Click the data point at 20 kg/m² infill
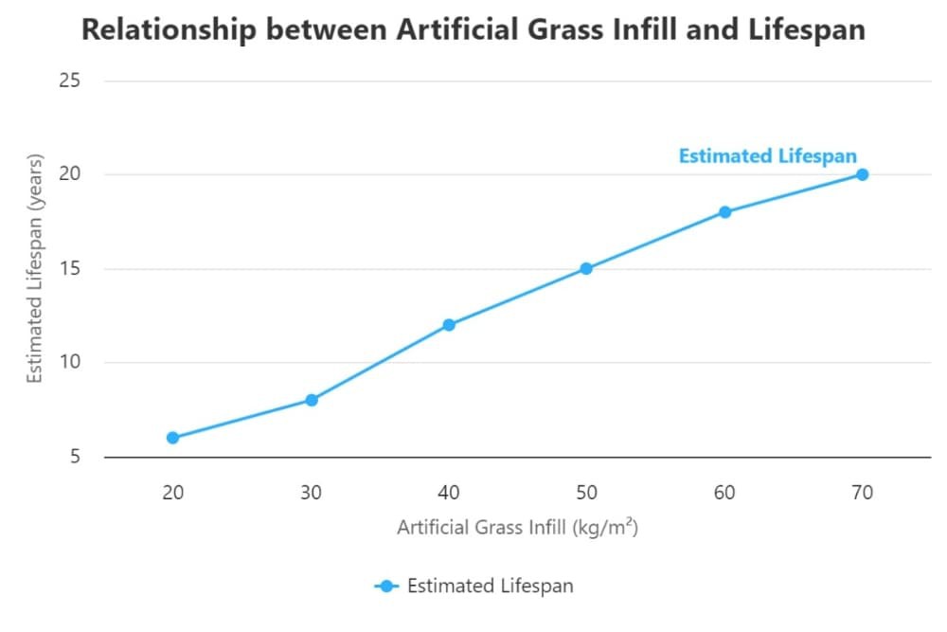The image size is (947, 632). pyautogui.click(x=172, y=438)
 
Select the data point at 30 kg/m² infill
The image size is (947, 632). pyautogui.click(x=311, y=400)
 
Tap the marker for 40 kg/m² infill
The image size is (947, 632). pyautogui.click(x=449, y=325)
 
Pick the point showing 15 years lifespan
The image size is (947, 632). pyautogui.click(x=586, y=268)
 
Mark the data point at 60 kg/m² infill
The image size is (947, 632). pyautogui.click(x=724, y=212)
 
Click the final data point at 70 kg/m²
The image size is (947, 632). pyautogui.click(x=862, y=174)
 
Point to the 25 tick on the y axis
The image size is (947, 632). pyautogui.click(x=69, y=81)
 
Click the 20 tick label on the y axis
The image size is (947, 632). pyautogui.click(x=69, y=174)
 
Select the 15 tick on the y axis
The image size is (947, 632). pyautogui.click(x=69, y=268)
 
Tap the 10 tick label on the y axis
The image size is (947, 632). pyautogui.click(x=69, y=362)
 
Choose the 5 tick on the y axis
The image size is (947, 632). pyautogui.click(x=74, y=457)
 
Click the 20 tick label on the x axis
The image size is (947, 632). pyautogui.click(x=172, y=492)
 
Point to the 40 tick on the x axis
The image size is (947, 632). pyautogui.click(x=449, y=492)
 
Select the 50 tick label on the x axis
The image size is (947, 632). pyautogui.click(x=586, y=492)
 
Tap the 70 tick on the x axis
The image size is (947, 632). pyautogui.click(x=862, y=492)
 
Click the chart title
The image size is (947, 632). pyautogui.click(x=473, y=29)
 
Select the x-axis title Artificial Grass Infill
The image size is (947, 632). pyautogui.click(x=517, y=527)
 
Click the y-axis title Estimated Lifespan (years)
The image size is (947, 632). pyautogui.click(x=35, y=268)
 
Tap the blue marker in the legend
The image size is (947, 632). pyautogui.click(x=387, y=587)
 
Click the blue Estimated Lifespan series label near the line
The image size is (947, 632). pyautogui.click(x=767, y=156)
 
